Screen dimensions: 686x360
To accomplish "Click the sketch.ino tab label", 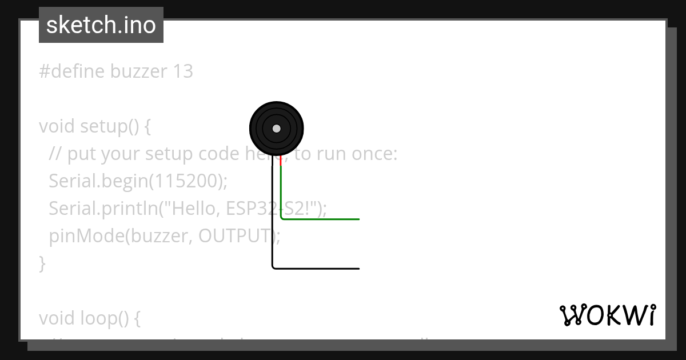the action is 101,25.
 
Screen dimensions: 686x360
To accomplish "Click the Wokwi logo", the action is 607,315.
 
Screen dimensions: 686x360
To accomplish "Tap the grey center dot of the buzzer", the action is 277,129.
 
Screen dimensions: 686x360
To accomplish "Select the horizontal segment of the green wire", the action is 320,219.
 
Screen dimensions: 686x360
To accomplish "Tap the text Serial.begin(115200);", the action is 138,181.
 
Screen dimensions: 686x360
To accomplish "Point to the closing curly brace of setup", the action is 42,263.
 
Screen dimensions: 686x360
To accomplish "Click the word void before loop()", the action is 57,318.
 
